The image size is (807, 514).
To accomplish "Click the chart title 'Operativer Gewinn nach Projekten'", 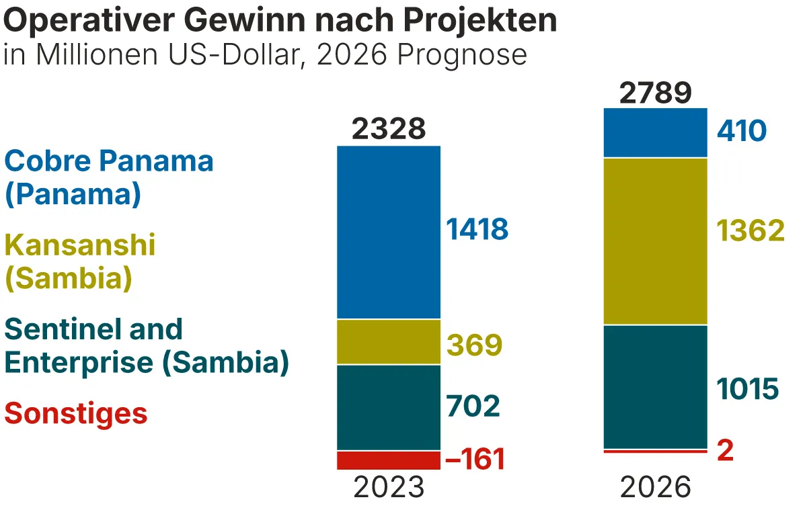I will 280,22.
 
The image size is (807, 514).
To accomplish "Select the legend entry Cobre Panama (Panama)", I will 109,177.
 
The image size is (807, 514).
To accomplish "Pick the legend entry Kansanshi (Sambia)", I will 80,261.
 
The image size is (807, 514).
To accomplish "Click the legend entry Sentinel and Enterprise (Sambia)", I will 147,345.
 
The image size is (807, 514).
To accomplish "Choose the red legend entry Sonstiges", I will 76,413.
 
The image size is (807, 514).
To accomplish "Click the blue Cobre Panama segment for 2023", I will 389,232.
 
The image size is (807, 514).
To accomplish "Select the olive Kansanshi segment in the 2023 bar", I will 389,342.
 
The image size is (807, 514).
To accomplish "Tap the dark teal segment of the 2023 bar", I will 389,407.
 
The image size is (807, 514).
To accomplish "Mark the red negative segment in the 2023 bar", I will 389,460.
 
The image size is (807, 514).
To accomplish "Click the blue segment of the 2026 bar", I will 656,132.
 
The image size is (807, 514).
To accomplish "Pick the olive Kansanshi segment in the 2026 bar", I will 656,241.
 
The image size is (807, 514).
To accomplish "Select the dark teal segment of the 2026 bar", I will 656,386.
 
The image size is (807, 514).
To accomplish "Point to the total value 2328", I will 389,129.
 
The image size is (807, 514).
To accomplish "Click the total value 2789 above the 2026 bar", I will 656,93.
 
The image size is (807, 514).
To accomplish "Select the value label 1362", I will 751,231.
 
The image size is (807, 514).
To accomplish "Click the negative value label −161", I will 475,460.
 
